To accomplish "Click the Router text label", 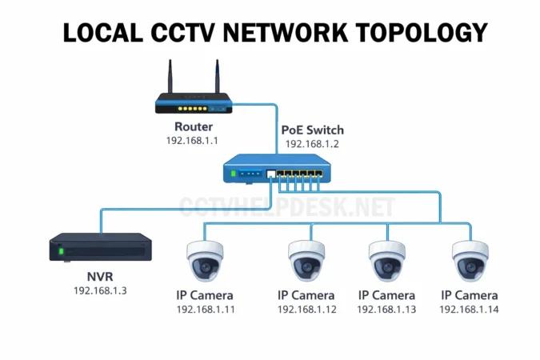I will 194,126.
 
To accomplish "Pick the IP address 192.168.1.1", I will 192,141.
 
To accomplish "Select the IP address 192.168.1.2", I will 313,144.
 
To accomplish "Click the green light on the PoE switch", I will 234,174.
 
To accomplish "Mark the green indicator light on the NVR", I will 60,253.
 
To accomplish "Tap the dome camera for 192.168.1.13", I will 389,258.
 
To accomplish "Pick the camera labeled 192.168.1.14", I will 470,258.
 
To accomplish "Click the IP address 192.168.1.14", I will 470,309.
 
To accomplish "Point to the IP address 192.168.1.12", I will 307,309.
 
